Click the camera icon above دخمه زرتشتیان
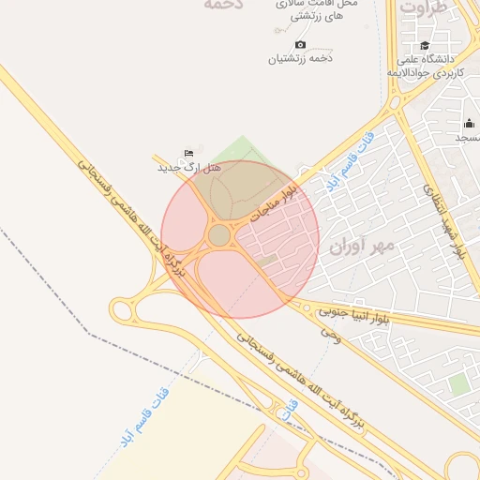click(x=300, y=44)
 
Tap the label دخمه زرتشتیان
click(x=301, y=58)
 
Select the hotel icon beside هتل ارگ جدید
click(x=188, y=153)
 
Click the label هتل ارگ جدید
click(x=188, y=167)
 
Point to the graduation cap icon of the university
click(x=425, y=44)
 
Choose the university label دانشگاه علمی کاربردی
click(x=425, y=64)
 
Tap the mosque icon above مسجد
click(x=468, y=123)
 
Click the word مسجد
click(x=467, y=138)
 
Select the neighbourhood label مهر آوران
click(x=364, y=246)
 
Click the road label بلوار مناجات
click(x=279, y=200)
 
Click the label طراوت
click(x=425, y=7)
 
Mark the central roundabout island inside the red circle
click(x=219, y=234)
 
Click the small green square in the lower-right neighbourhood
click(x=457, y=383)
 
